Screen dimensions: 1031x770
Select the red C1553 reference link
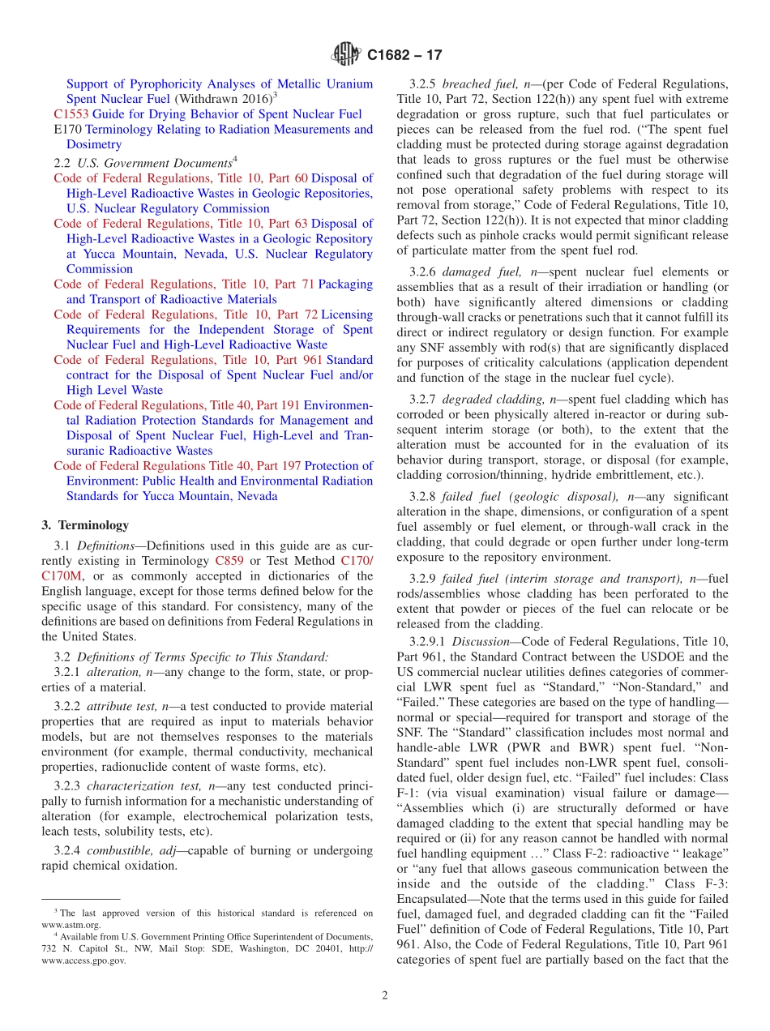(71, 114)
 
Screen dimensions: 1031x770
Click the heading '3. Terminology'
(85, 525)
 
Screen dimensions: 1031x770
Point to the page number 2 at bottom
(385, 995)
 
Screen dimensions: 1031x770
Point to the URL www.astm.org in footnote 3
(71, 924)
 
